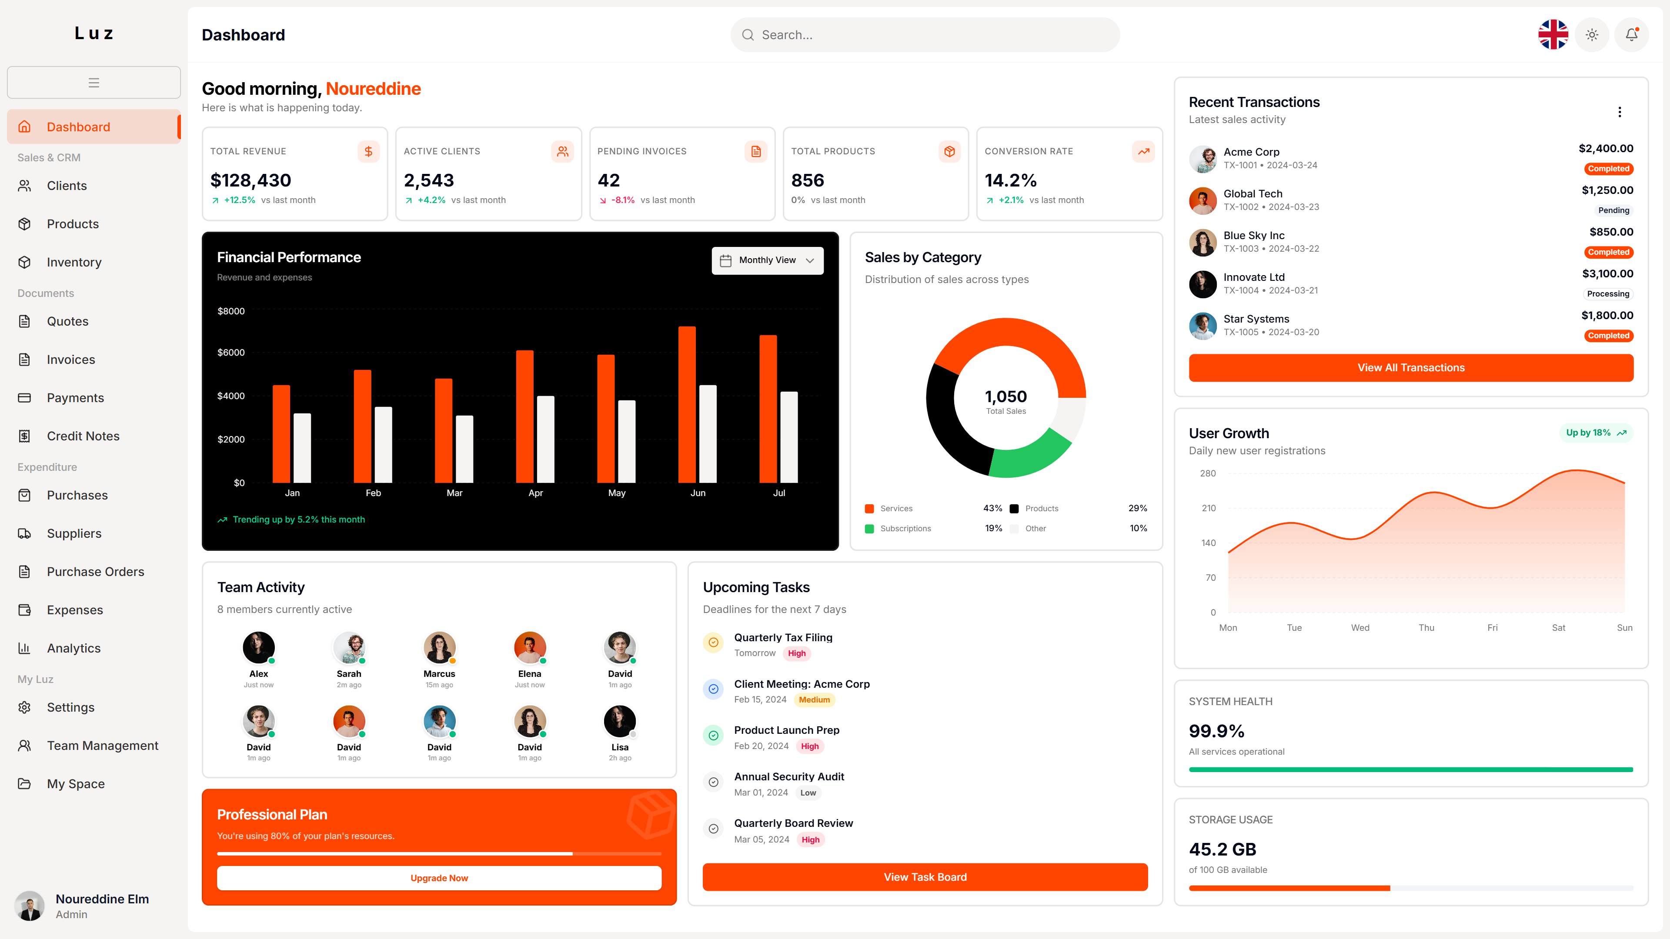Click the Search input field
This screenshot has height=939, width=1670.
pyautogui.click(x=925, y=35)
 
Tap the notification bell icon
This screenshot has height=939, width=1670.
pyautogui.click(x=1631, y=35)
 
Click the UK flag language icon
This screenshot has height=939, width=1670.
pyautogui.click(x=1553, y=35)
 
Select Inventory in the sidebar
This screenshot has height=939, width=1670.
pyautogui.click(x=74, y=262)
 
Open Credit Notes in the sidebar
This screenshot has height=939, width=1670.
pyautogui.click(x=83, y=436)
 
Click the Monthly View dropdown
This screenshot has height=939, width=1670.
pyautogui.click(x=767, y=260)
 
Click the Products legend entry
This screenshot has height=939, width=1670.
pyautogui.click(x=1041, y=509)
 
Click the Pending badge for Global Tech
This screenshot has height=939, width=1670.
pyautogui.click(x=1613, y=210)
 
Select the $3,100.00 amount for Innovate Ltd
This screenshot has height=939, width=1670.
pyautogui.click(x=1607, y=273)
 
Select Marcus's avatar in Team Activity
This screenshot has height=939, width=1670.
pyautogui.click(x=439, y=647)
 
